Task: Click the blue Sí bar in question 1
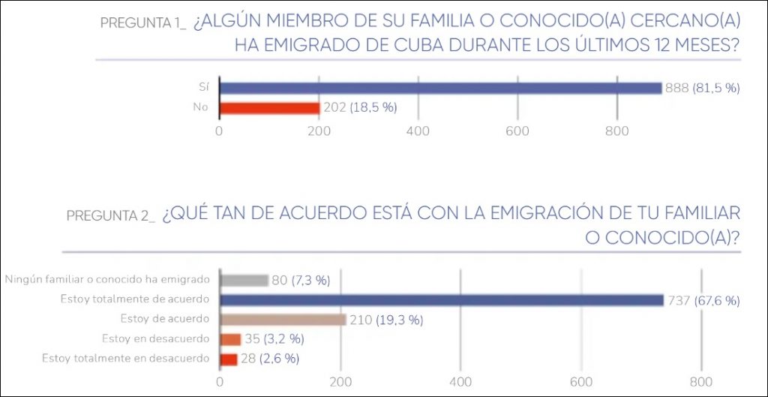point(440,88)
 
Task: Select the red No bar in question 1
point(269,107)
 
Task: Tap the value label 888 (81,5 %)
point(702,88)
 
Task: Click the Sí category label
point(203,88)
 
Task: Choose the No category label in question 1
point(200,107)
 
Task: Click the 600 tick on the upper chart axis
point(517,131)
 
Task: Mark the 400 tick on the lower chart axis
point(460,380)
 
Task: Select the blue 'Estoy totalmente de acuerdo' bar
point(442,300)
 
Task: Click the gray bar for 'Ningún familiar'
point(244,281)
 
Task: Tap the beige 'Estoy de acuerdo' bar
point(283,320)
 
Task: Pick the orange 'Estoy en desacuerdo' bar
point(230,339)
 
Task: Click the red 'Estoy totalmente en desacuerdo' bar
point(228,359)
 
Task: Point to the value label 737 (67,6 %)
point(703,300)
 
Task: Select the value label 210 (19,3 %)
point(386,320)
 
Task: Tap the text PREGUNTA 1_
point(142,23)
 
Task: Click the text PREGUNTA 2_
point(110,215)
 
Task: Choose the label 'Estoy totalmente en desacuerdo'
point(125,359)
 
